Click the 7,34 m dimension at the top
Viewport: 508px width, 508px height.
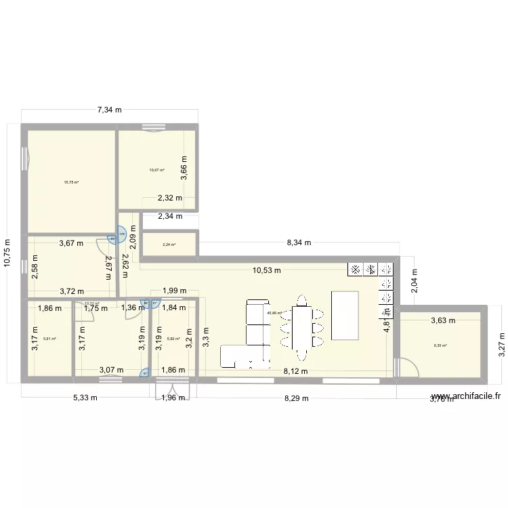pos(109,109)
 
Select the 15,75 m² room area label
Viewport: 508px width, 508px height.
pos(71,182)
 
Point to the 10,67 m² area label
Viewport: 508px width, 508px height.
pos(157,170)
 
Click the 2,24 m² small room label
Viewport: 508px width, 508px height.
pos(169,245)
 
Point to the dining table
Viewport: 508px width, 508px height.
pos(301,326)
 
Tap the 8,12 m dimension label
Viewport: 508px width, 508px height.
pos(296,371)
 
